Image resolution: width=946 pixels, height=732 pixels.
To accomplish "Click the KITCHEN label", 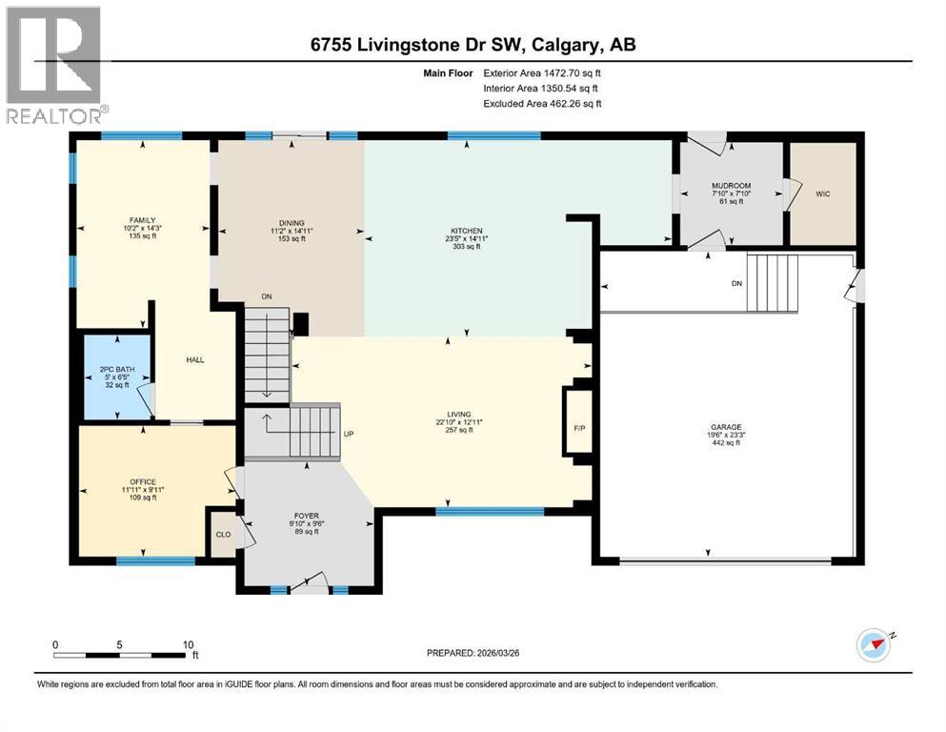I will [x=467, y=231].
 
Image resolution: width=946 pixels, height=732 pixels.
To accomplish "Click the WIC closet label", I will [x=823, y=193].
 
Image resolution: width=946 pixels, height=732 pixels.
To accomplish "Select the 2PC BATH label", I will [x=114, y=369].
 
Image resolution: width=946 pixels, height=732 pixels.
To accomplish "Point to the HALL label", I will [x=195, y=359].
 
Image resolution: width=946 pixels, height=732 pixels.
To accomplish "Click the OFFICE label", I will [x=143, y=481].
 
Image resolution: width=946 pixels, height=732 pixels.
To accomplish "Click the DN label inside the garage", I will [x=736, y=283].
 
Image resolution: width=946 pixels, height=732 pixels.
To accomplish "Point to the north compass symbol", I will [x=874, y=645].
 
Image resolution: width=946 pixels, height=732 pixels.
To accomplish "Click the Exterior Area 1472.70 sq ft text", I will [x=542, y=71].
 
